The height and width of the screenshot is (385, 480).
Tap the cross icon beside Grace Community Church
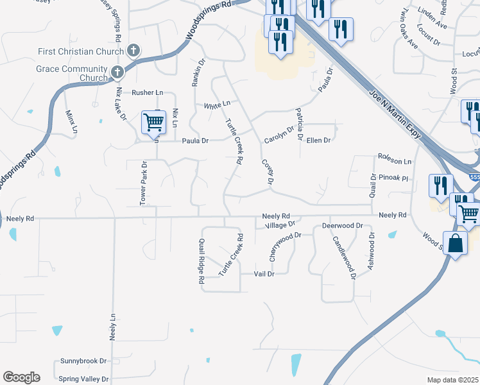point(117,73)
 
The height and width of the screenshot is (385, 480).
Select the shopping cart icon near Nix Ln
point(153,121)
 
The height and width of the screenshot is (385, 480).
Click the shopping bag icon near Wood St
point(455,244)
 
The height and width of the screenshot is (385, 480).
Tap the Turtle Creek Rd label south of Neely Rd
point(232,255)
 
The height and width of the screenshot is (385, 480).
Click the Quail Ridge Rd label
point(201,261)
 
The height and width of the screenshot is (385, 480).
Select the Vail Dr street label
point(264,273)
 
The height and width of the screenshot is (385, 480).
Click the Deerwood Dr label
point(342,226)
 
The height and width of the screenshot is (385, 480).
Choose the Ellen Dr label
point(318,140)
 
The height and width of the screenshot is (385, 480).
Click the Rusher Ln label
point(148,92)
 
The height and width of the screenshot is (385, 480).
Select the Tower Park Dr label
point(144,183)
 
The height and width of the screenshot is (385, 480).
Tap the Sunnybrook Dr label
point(83,361)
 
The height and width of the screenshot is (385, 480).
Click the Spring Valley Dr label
point(83,379)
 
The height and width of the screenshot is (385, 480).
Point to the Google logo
point(21,377)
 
